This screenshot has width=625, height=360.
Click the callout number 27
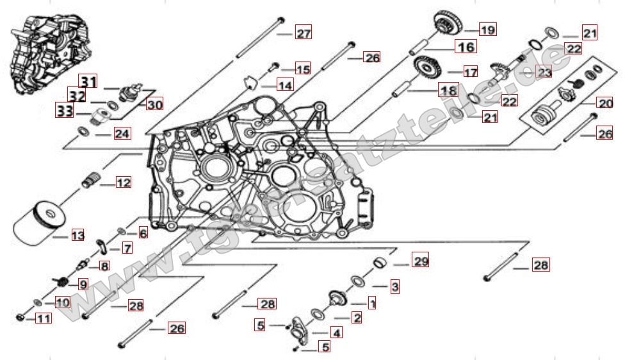[x=303, y=33]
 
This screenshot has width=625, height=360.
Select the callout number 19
[x=488, y=29]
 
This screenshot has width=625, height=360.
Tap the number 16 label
[x=466, y=47]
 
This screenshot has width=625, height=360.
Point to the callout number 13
[x=77, y=236]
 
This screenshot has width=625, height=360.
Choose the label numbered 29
[x=420, y=261]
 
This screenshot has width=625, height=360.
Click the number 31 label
[x=88, y=81]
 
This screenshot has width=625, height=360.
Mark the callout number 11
[x=43, y=317]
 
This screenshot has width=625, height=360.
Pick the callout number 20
[x=605, y=102]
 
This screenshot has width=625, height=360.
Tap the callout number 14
[x=284, y=85]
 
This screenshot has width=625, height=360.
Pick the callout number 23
[x=544, y=72]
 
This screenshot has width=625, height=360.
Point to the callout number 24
[x=122, y=134]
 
